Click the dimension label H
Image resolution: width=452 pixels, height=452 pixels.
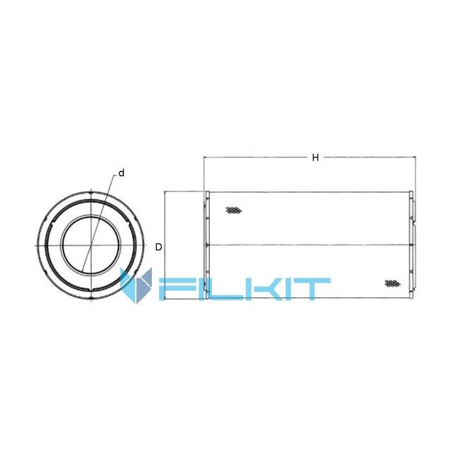click(316, 157)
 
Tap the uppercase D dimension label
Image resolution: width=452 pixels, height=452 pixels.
click(158, 247)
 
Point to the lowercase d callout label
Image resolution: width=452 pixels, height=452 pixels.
click(121, 173)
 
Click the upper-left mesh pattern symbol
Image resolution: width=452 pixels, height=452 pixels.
click(234, 210)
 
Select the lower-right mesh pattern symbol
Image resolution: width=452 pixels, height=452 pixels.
click(393, 283)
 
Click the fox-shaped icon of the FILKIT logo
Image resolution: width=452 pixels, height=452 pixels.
click(136, 285)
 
